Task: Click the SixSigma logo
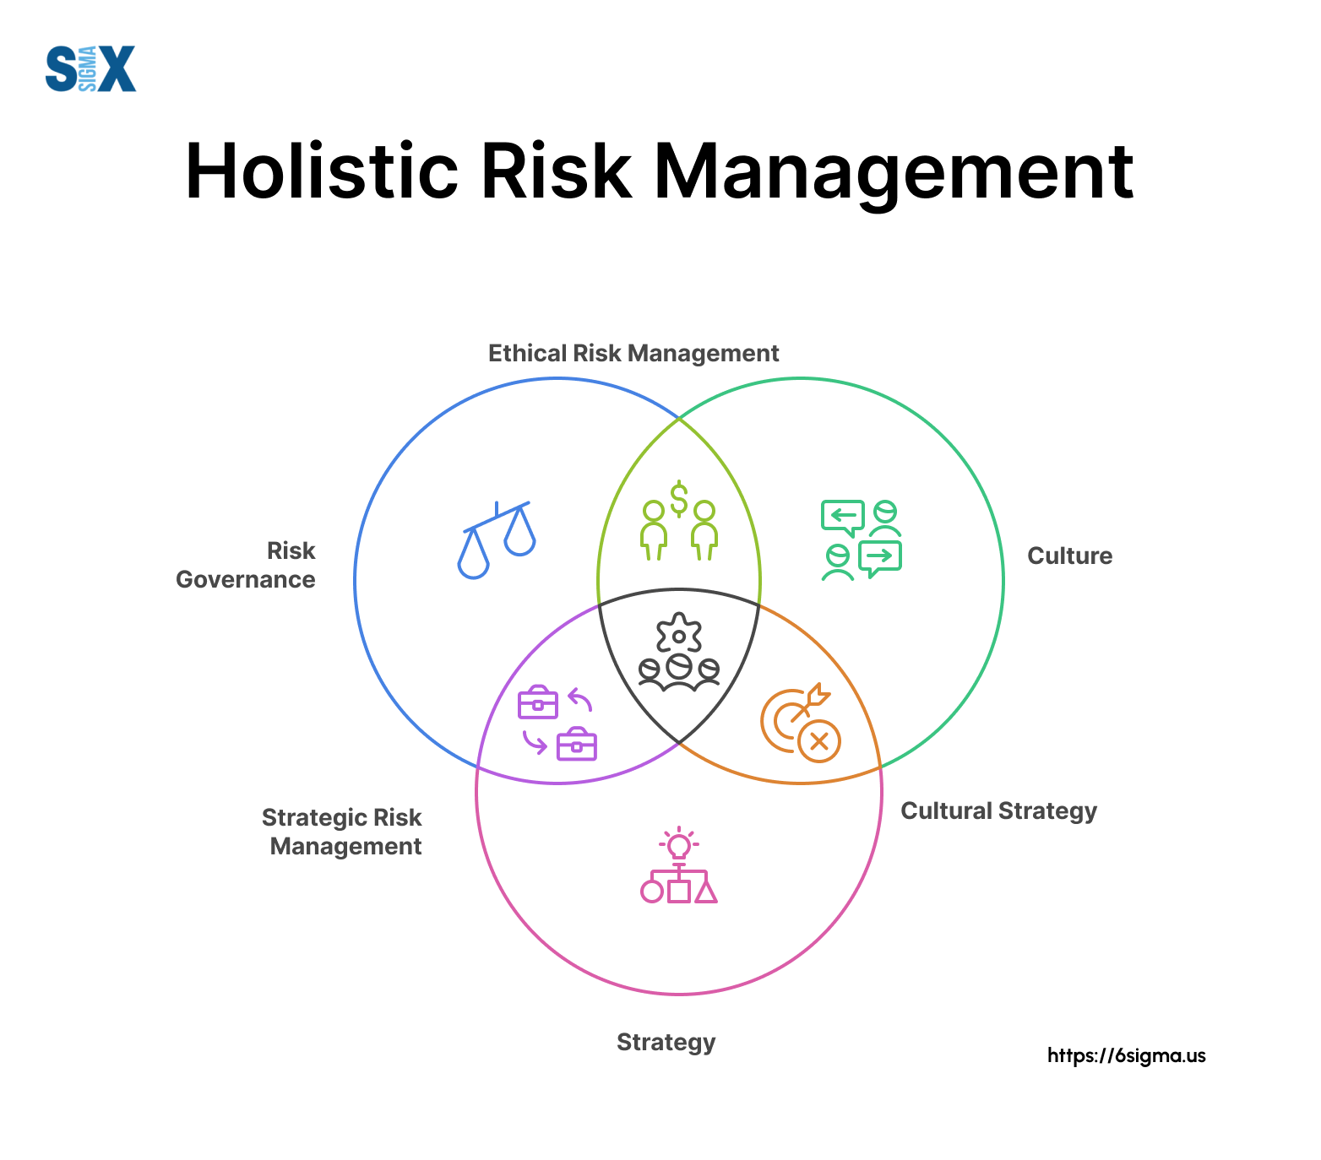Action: point(90,68)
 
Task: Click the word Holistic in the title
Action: point(322,171)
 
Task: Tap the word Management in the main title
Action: point(894,175)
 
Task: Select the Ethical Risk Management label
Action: point(633,353)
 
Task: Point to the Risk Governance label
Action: point(246,565)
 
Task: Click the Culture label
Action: point(1070,556)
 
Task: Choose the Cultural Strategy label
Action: point(998,811)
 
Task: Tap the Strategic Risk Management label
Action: point(342,832)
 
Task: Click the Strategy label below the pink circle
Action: point(666,1043)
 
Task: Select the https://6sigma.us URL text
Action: point(1127,1055)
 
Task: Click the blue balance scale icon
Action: point(497,539)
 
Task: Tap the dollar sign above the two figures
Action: point(679,498)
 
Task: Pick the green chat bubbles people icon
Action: point(862,540)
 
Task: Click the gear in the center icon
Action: point(679,633)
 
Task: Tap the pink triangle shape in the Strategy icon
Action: point(706,892)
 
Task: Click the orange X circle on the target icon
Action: point(819,742)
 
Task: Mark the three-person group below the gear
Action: point(679,672)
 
